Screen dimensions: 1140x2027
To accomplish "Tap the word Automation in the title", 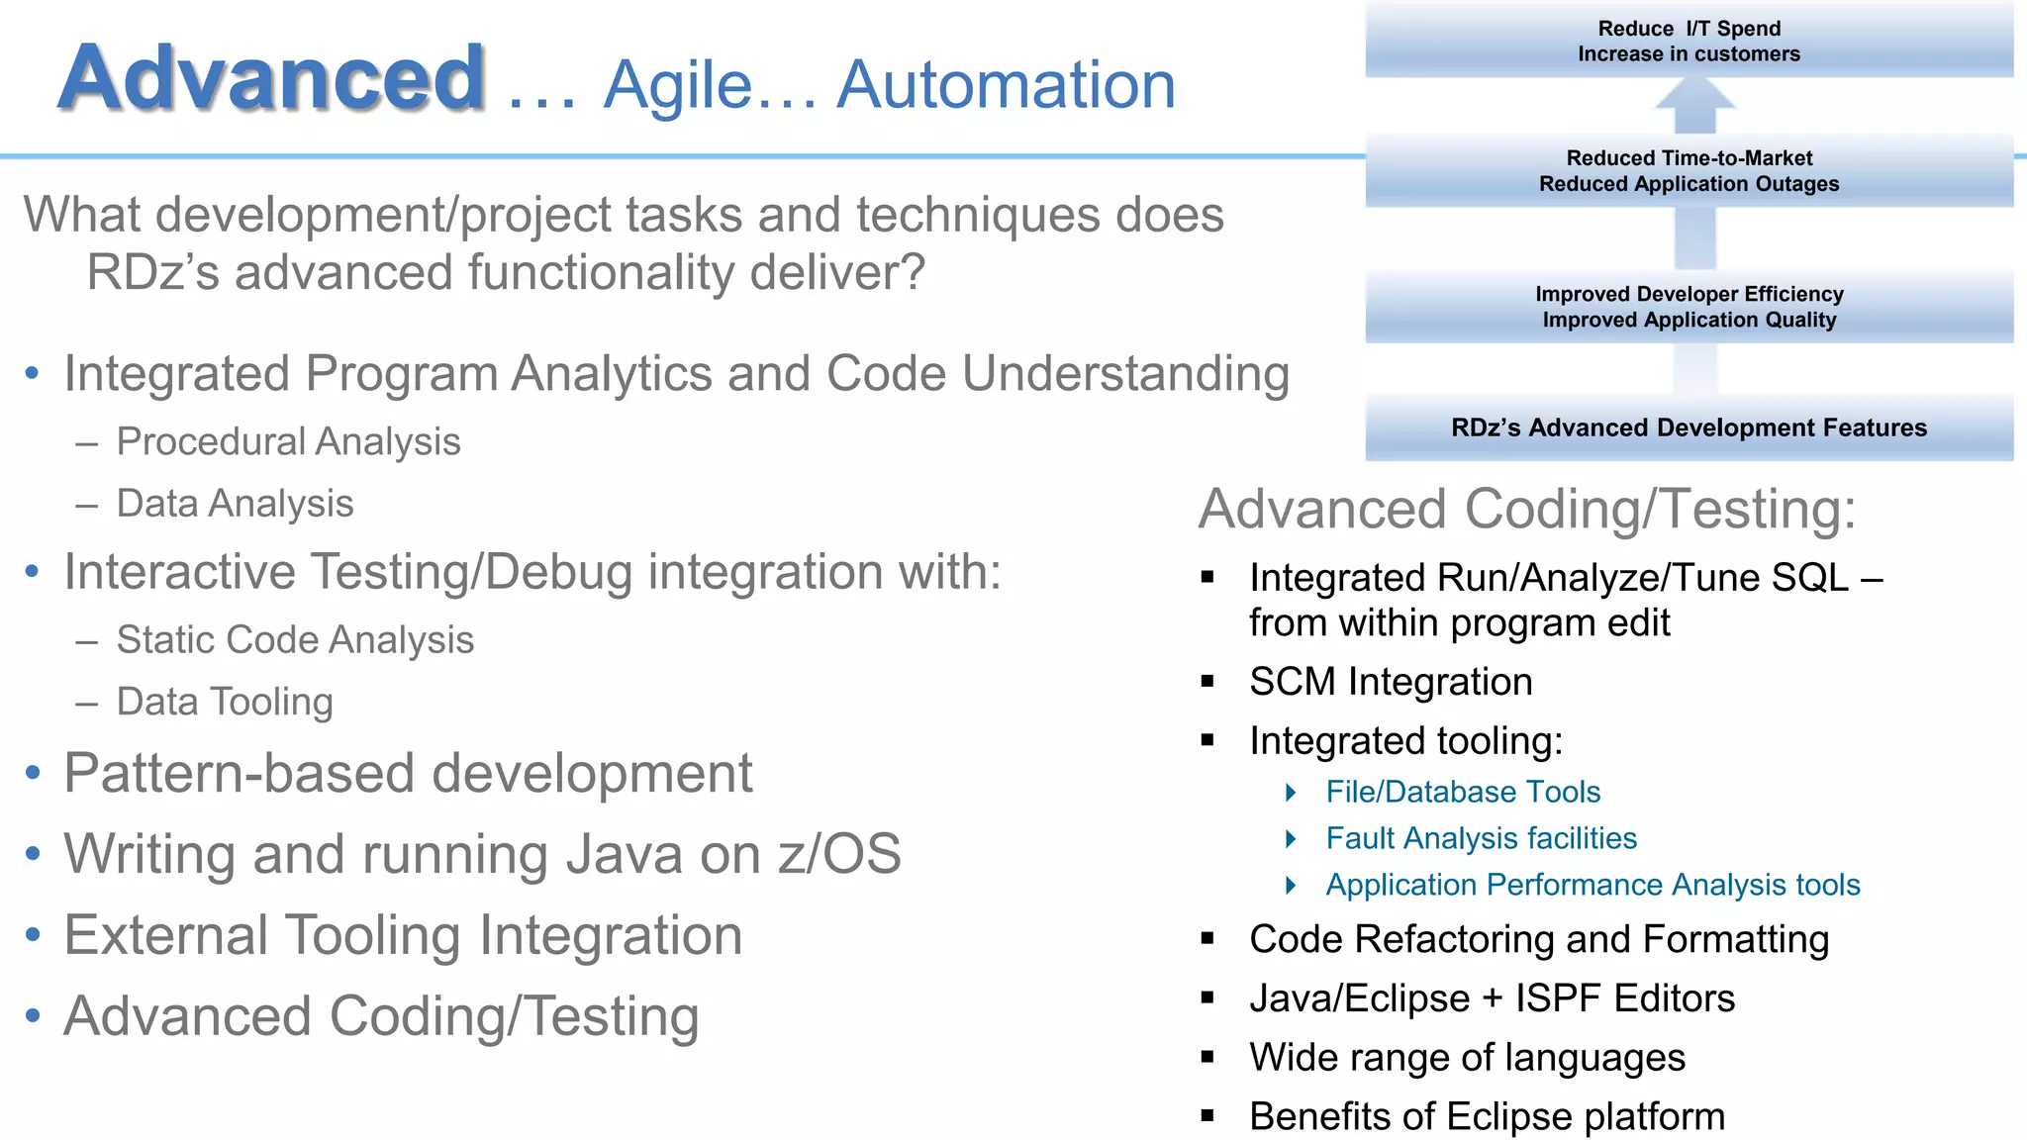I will (x=1006, y=85).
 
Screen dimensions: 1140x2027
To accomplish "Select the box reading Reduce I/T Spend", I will (x=1689, y=41).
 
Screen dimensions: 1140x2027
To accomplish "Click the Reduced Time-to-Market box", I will (x=1689, y=171).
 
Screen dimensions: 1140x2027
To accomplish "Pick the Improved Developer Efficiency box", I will (x=1689, y=307).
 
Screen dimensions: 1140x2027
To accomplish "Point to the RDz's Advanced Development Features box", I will (x=1689, y=427).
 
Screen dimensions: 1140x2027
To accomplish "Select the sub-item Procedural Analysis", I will (x=288, y=441).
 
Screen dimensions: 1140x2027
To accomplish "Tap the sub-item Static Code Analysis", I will (x=295, y=639).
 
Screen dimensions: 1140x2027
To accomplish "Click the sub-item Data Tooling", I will (x=225, y=702).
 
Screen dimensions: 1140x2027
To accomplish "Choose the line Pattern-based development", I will (x=408, y=773).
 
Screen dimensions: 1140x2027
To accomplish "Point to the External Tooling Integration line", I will (x=403, y=935).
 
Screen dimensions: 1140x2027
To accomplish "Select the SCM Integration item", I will (x=1391, y=682).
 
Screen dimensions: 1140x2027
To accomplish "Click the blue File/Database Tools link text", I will (x=1463, y=792).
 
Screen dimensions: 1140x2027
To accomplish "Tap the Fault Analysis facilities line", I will (x=1481, y=838).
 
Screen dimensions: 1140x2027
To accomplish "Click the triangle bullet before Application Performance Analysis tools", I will (x=1291, y=885).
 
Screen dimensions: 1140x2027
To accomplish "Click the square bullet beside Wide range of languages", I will (x=1207, y=1057).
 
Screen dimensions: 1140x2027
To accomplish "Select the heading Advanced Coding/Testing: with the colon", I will (x=1526, y=509).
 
